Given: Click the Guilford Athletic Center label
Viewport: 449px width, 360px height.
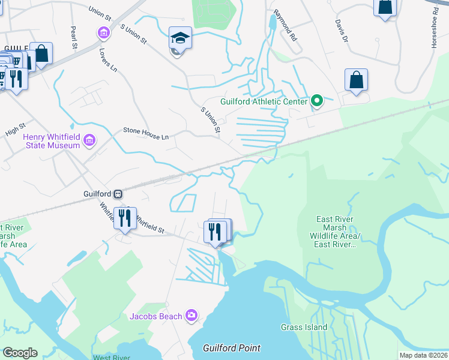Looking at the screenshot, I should click(264, 101).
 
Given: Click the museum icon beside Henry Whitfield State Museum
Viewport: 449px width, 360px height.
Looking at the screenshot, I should click(90, 141).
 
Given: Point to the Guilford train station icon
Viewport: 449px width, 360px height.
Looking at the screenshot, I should click(119, 194).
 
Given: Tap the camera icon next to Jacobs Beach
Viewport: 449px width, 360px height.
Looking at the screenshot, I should click(191, 315).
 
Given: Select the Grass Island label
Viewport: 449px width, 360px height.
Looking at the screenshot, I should click(304, 327).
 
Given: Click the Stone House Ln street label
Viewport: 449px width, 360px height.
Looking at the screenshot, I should click(146, 133).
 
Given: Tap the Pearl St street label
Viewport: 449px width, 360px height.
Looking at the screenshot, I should click(74, 37).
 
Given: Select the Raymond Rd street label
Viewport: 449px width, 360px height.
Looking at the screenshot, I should click(285, 25).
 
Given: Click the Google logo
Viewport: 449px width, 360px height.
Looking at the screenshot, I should click(19, 353).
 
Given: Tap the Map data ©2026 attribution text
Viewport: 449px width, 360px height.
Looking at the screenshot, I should click(423, 355).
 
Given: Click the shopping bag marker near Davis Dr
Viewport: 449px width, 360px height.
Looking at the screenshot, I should click(356, 80).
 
